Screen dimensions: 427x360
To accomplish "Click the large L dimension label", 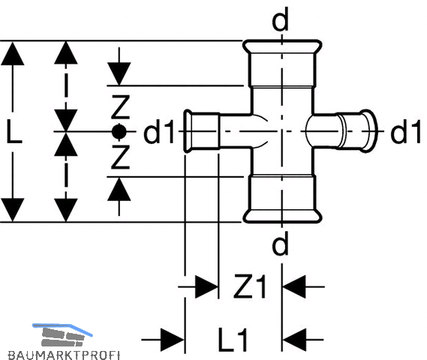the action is click(x=14, y=131).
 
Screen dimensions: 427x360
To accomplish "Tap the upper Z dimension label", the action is click(x=120, y=107).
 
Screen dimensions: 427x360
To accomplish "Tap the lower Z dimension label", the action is click(x=120, y=157).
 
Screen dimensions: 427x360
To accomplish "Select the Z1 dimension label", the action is click(x=249, y=286).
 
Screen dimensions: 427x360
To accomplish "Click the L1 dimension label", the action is click(x=233, y=340).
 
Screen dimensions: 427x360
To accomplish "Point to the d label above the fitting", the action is click(x=280, y=19).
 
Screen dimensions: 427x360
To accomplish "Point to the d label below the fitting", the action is click(x=280, y=243).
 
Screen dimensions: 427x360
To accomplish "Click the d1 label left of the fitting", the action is click(x=159, y=131).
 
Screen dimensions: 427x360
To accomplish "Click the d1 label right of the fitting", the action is click(x=406, y=131).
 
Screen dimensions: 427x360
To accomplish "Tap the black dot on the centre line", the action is click(x=119, y=132).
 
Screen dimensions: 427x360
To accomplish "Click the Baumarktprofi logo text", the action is click(x=64, y=355).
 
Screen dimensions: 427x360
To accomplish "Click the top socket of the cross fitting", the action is click(x=282, y=63).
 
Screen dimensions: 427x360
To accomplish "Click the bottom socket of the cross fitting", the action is click(x=282, y=199).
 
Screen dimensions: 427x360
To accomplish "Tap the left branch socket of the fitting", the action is click(x=202, y=131).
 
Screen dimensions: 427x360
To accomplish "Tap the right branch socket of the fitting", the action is click(x=357, y=131).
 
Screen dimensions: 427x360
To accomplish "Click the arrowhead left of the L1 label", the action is click(x=173, y=340).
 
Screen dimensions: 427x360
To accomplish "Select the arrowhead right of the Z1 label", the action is click(x=294, y=286).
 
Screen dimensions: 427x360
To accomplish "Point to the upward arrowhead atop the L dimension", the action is click(x=13, y=53).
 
